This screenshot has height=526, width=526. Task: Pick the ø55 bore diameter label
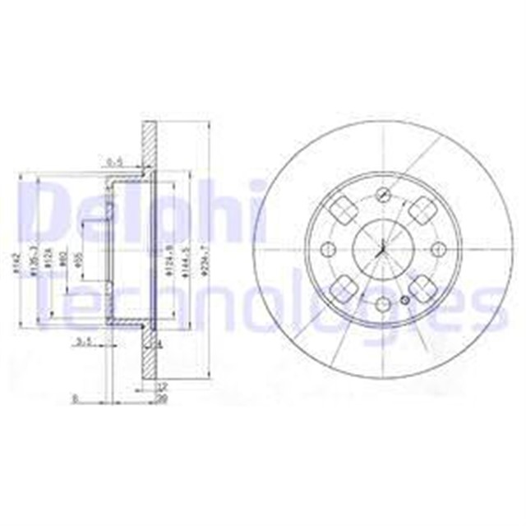[81, 261]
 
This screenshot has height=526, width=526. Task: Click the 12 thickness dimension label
[162, 385]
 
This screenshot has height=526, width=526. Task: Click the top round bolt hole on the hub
[384, 195]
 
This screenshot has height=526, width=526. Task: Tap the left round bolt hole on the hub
[330, 249]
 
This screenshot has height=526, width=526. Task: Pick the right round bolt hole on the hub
[438, 249]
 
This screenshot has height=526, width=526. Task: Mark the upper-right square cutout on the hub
[422, 211]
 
